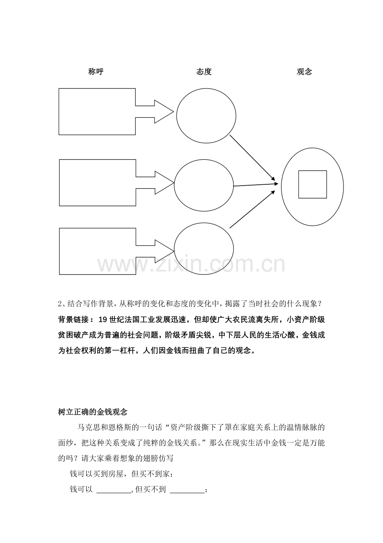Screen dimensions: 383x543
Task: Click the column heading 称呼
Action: coord(96,72)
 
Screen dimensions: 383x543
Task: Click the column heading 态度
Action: coord(204,72)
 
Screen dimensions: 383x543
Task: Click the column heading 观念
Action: coord(304,72)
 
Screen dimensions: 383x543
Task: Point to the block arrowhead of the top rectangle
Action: coord(164,111)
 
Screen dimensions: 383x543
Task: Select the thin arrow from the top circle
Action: coord(252,158)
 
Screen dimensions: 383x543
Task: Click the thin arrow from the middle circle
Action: coord(256,185)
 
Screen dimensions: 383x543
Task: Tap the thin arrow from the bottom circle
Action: coord(252,209)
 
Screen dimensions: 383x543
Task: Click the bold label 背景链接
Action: coord(73,320)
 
